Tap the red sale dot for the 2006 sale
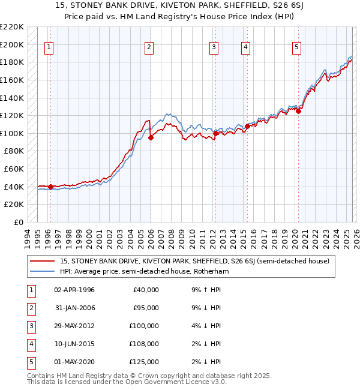pyautogui.click(x=151, y=137)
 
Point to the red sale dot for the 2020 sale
pyautogui.click(x=298, y=110)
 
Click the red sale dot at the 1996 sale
pyautogui.click(x=50, y=187)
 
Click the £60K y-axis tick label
pyautogui.click(x=14, y=169)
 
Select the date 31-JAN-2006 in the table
pyautogui.click(x=74, y=308)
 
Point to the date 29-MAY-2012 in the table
pyautogui.click(x=74, y=326)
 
